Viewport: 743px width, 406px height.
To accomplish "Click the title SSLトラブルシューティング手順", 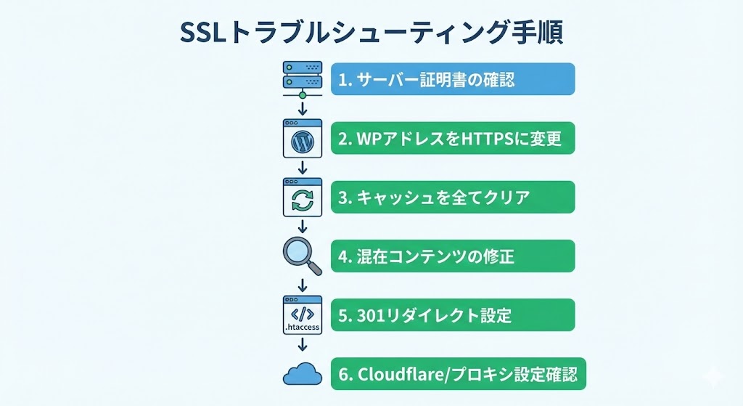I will pos(371,33).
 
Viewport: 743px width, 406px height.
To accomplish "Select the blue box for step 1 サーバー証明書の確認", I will pos(453,78).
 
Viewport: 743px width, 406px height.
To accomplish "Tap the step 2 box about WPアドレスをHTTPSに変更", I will pos(453,138).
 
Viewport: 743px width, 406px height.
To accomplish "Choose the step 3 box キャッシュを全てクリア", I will pos(453,197).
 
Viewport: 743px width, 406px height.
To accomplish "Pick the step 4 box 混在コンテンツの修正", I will pos(453,256).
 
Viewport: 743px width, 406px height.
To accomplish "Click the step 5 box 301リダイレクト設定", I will pos(453,315).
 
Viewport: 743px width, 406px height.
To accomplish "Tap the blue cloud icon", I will pos(302,374).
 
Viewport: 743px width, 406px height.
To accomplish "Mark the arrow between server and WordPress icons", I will pos(302,110).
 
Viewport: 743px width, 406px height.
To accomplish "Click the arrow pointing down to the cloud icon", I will pos(302,346).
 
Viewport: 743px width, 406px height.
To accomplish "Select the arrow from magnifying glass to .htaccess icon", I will pos(302,285).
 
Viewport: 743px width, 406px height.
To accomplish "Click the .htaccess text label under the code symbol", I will pos(302,328).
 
